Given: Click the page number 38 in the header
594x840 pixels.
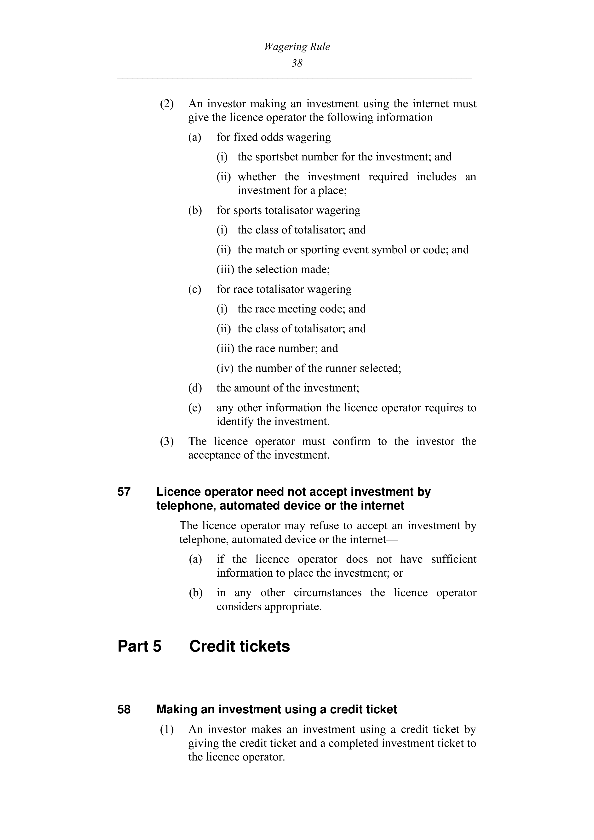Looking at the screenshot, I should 297,63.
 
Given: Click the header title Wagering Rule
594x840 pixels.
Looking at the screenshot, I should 297,47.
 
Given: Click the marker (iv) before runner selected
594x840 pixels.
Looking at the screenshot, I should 225,368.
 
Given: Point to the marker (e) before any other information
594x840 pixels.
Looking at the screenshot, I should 195,408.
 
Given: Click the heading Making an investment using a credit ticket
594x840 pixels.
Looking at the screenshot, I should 276,709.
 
